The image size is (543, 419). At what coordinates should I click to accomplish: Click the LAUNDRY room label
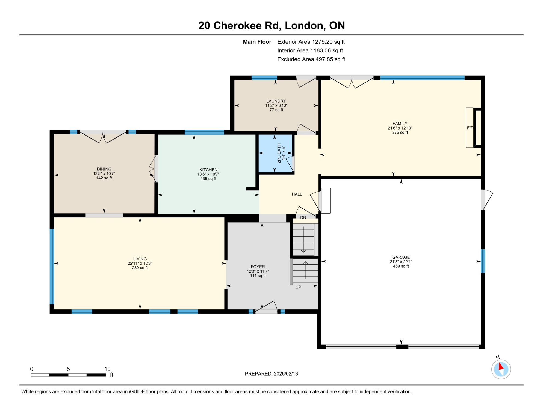pos(276,101)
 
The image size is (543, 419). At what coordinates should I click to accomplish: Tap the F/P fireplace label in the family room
pos(470,128)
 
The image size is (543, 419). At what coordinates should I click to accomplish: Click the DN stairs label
pos(303,218)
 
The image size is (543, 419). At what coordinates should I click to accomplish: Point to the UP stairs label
pos(298,287)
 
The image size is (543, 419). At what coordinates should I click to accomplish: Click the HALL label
pos(297,194)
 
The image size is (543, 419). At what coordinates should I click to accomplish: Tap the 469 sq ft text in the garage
pos(401,266)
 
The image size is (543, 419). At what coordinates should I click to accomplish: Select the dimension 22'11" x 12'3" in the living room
pos(140,263)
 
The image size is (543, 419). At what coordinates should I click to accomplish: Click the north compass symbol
pos(501,369)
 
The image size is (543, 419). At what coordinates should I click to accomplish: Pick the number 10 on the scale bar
pos(107,369)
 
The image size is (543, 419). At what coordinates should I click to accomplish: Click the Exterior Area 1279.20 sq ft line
pos(311,42)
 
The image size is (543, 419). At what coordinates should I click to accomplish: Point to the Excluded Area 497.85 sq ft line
pos(311,59)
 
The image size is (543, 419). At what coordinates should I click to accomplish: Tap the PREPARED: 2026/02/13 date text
pos(271,374)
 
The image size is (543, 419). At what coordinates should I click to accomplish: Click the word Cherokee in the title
pos(247,25)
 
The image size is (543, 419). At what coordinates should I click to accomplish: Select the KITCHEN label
pos(208,170)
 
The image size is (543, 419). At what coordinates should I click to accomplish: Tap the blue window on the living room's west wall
pos(52,266)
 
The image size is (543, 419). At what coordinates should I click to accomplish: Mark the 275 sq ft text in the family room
pos(400,133)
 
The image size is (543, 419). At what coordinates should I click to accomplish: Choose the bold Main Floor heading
pos(257,42)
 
